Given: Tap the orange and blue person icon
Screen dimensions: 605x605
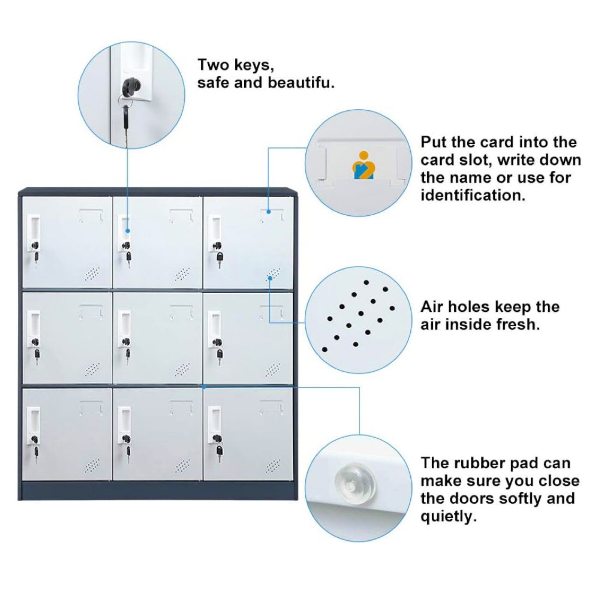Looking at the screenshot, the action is pyautogui.click(x=363, y=165).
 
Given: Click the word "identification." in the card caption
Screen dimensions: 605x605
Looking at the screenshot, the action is pyautogui.click(x=472, y=196).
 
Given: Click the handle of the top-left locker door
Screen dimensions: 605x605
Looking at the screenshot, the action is pyautogui.click(x=34, y=232).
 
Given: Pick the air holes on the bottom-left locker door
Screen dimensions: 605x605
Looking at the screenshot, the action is pyautogui.click(x=92, y=465).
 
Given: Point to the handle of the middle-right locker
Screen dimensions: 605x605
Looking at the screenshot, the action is pyautogui.click(x=215, y=329).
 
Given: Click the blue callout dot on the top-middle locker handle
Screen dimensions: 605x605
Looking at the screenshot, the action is pyautogui.click(x=127, y=231).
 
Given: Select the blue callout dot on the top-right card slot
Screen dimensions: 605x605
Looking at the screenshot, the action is pyautogui.click(x=268, y=212).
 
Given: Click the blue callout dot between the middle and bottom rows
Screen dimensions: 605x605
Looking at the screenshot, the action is pyautogui.click(x=204, y=387).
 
